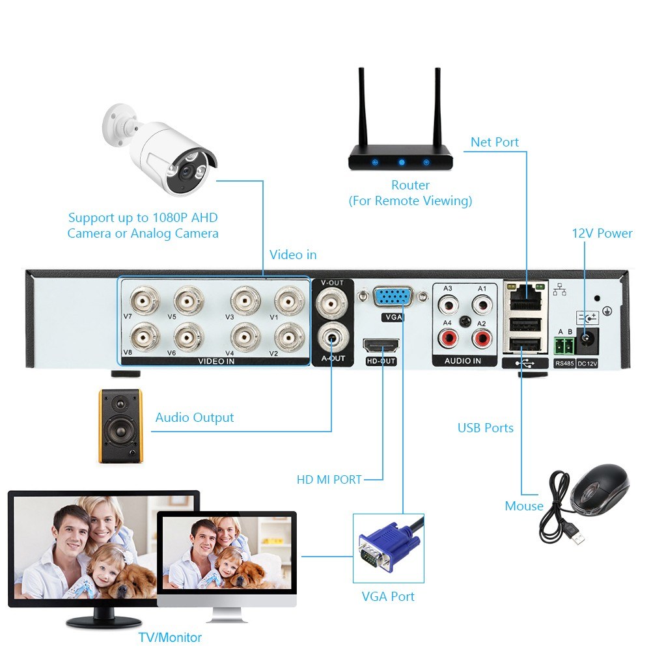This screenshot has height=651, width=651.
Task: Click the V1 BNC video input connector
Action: [x=287, y=301]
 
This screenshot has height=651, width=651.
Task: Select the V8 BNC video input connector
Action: [x=145, y=337]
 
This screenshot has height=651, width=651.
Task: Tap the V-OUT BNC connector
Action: [x=331, y=301]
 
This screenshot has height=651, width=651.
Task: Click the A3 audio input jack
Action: [x=447, y=303]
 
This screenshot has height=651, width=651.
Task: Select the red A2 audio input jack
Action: [x=482, y=337]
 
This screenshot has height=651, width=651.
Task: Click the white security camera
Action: [x=163, y=153]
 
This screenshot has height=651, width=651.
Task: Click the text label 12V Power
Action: [x=602, y=233]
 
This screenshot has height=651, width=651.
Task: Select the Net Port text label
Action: [x=495, y=142]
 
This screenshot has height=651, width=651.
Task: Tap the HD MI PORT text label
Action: [x=329, y=480]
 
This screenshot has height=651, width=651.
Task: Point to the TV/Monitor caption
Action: [x=170, y=637]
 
